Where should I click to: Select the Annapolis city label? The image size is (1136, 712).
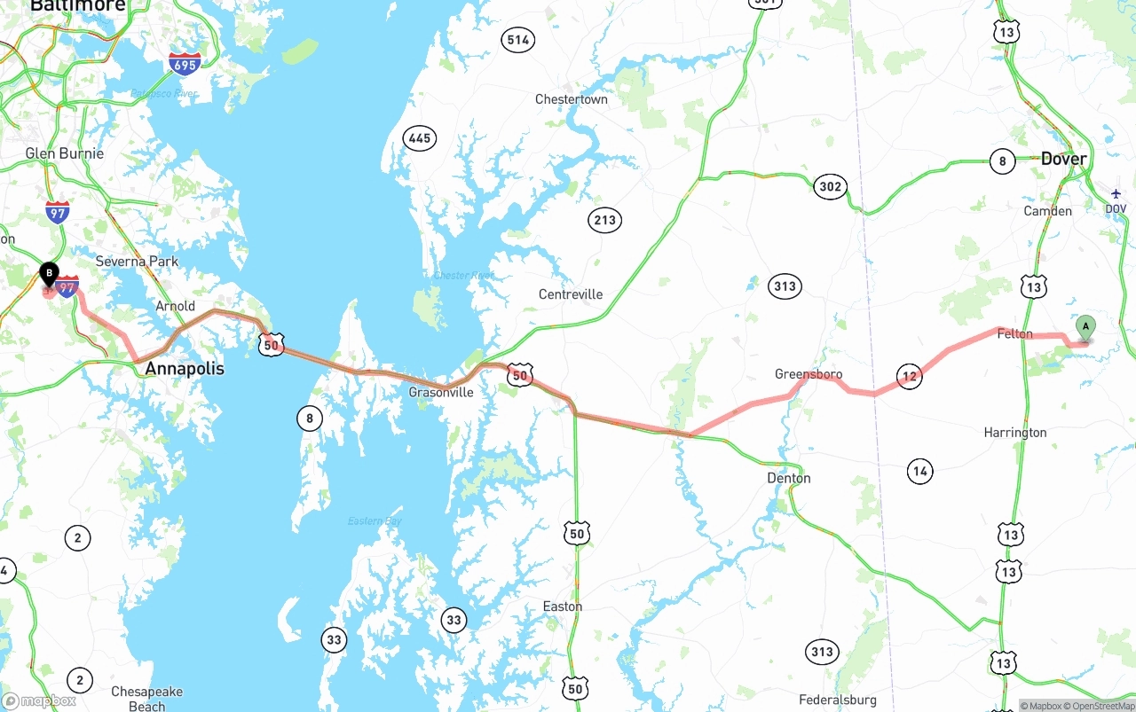185,368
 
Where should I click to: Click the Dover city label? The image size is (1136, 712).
1063,159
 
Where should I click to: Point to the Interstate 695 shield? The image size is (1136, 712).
184,63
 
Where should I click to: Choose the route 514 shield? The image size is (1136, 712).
517,40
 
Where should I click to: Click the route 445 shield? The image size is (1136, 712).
419,137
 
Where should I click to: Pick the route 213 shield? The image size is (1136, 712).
604,220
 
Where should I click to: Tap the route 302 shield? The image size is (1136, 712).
830,186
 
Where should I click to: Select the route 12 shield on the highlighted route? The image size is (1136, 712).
909,376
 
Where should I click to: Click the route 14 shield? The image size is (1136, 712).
920,471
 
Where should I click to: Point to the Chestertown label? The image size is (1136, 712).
572,99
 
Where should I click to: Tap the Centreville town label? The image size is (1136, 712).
571,294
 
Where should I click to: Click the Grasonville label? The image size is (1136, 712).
441,392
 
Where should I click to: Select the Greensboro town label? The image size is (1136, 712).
809,374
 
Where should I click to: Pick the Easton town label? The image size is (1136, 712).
563,606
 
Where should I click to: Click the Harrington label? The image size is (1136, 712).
1015,433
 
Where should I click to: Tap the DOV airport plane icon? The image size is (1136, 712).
1116,193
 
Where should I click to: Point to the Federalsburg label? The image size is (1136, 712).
839,700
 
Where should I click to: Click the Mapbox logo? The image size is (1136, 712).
39,700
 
